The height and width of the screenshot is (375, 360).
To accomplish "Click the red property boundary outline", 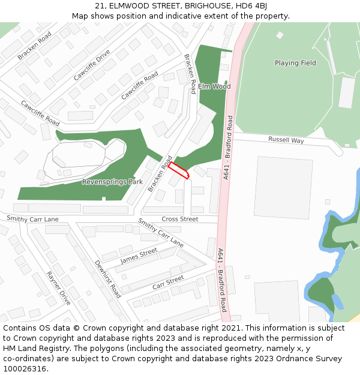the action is (x=178, y=170).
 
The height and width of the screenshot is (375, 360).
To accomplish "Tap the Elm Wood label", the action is (x=214, y=86).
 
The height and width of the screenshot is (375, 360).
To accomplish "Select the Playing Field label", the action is (x=295, y=63).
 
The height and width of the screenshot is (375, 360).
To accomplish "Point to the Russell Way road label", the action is (x=286, y=140).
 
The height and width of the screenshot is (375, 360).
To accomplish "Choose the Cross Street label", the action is (x=179, y=219).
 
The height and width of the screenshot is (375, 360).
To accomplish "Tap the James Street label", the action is (x=139, y=256).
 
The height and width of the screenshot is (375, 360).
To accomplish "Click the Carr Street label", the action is (x=168, y=282).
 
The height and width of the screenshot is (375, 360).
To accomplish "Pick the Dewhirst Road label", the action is (x=107, y=279).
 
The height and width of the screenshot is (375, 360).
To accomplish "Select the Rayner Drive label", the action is (x=58, y=289).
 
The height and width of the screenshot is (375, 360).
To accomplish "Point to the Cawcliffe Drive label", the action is (x=92, y=65).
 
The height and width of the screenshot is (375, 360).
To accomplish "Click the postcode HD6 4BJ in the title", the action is (x=254, y=6).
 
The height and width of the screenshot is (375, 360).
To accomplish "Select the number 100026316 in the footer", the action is (x=23, y=368).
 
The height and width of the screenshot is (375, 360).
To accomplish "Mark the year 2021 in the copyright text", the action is (x=229, y=328).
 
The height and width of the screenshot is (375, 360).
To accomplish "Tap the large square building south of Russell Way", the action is (x=284, y=187).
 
